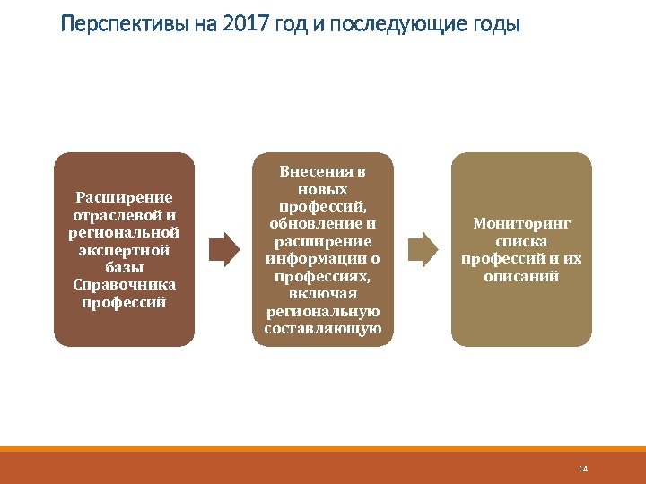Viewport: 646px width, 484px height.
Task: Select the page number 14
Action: click(582, 469)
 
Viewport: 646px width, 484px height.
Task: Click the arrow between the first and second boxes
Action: click(223, 246)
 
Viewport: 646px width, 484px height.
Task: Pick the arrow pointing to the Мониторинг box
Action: click(423, 246)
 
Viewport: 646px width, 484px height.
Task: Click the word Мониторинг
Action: click(521, 224)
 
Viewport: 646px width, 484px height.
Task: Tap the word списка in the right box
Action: click(521, 241)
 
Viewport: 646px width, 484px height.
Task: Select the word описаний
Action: click(521, 276)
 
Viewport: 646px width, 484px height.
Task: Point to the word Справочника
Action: click(124, 284)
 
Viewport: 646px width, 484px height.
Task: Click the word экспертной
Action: click(124, 249)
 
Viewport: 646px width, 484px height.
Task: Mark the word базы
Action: click(124, 267)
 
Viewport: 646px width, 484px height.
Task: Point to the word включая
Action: click(323, 293)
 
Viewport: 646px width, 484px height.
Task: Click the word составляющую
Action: click(323, 329)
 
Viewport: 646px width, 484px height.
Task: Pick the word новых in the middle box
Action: click(323, 189)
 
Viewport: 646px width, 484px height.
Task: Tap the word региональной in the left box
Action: click(124, 232)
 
